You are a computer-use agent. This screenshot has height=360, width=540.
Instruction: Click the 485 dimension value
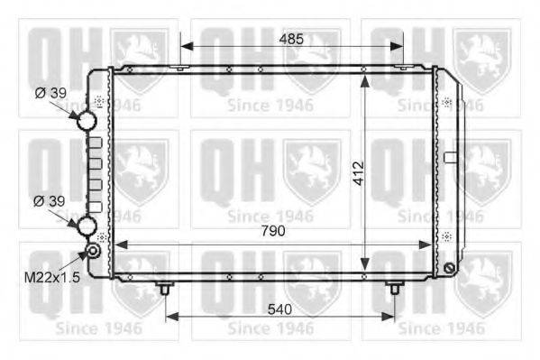pyautogui.click(x=291, y=40)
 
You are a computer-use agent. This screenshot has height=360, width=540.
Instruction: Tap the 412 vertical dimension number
pyautogui.click(x=359, y=173)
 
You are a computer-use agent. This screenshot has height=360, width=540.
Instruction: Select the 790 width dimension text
pyautogui.click(x=273, y=231)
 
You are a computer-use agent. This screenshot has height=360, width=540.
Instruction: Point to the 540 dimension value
pyautogui.click(x=279, y=309)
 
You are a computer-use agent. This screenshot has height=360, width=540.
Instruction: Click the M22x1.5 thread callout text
pyautogui.click(x=52, y=277)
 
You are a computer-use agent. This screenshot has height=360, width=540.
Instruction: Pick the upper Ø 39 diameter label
pyautogui.click(x=50, y=93)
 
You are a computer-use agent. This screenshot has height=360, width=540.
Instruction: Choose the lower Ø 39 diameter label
pyautogui.click(x=50, y=201)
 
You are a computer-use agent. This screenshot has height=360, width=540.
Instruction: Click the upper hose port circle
pyautogui.click(x=87, y=120)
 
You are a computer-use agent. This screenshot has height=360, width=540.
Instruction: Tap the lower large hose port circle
pyautogui.click(x=87, y=226)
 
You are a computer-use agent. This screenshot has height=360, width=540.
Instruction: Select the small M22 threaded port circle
pyautogui.click(x=93, y=251)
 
